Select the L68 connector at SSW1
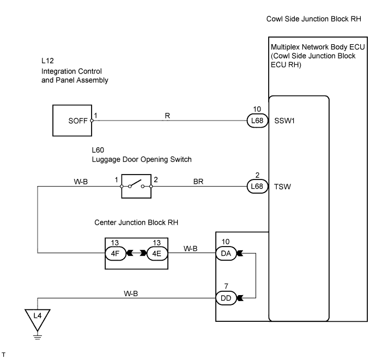(257, 121)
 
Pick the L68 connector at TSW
(257, 186)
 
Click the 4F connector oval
(116, 253)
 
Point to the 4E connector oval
(157, 253)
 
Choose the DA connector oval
(226, 253)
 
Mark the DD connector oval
(226, 298)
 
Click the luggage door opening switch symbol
(136, 186)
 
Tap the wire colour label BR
(198, 182)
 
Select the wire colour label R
(167, 116)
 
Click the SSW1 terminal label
(284, 121)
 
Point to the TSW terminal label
(282, 187)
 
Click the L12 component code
(47, 61)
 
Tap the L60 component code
(98, 150)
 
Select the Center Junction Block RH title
(136, 223)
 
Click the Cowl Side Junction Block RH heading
(314, 19)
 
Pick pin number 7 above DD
(226, 286)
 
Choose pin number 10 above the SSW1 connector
(257, 109)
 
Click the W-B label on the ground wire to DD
(131, 293)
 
